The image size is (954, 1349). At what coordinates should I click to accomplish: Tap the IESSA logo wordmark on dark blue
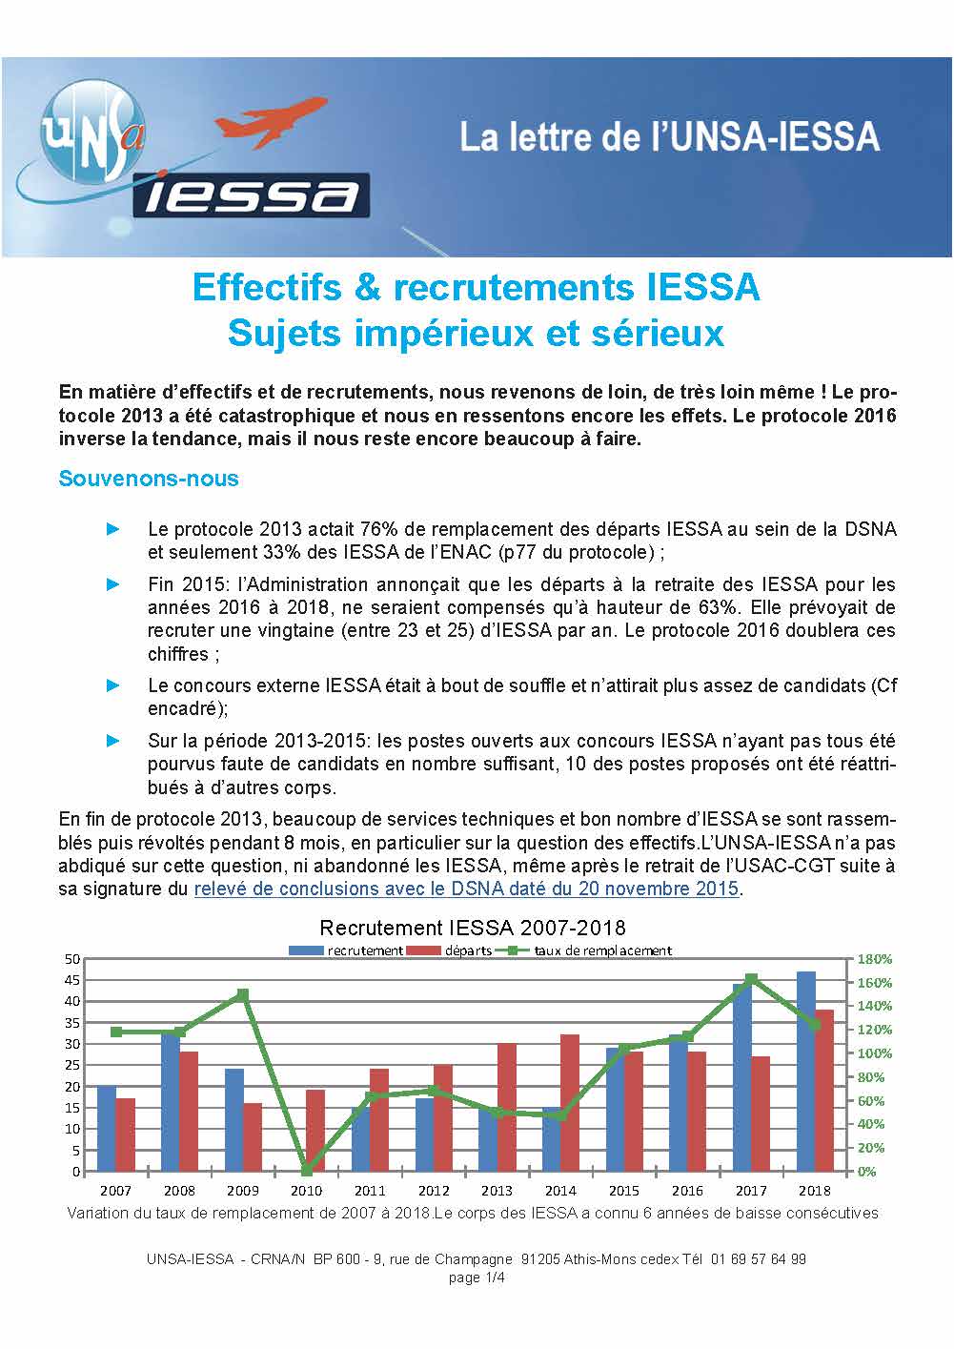252,195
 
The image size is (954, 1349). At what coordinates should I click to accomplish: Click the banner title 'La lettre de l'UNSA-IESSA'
669,137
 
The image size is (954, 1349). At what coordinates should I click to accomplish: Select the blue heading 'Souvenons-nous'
149,479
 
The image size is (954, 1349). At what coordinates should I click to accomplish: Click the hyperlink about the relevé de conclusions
467,889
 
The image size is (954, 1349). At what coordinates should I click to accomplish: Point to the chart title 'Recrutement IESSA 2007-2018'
472,928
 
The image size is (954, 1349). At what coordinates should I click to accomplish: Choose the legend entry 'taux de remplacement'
602,950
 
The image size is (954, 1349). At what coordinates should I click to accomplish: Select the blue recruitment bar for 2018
806,1071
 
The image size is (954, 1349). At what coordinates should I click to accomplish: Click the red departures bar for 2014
569,1102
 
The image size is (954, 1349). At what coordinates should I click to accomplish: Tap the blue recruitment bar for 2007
107,1129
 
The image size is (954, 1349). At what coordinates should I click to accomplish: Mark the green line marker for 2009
243,994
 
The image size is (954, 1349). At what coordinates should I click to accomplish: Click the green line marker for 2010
306,1170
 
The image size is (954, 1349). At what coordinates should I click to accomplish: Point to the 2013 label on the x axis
497,1191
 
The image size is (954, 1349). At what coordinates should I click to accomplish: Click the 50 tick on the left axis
72,958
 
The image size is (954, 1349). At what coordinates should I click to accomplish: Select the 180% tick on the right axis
875,959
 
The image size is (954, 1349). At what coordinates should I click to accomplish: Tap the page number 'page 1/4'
477,1277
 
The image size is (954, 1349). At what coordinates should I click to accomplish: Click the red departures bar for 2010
315,1131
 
